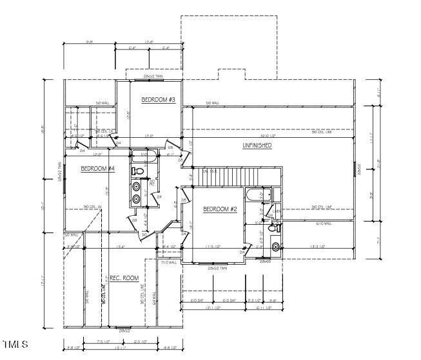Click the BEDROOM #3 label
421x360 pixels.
(x=159, y=100)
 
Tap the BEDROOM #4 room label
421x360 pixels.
(x=97, y=169)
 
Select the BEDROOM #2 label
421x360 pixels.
(x=220, y=209)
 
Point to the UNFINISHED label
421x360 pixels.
(x=257, y=146)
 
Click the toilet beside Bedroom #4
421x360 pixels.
(x=137, y=171)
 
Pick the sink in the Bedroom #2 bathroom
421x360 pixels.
(x=275, y=246)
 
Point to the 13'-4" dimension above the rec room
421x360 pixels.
(x=120, y=247)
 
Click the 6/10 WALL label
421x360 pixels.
(x=322, y=223)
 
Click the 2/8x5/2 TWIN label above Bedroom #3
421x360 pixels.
(x=153, y=77)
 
